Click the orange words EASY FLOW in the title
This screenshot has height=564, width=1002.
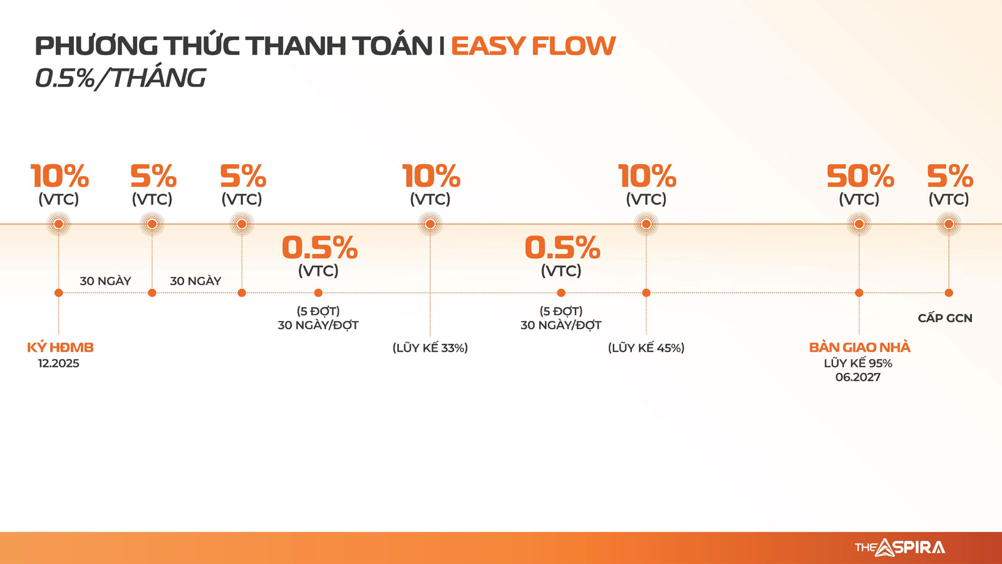point(533,46)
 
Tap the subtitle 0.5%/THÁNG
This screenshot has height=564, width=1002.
point(121,78)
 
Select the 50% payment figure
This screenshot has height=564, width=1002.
point(860,176)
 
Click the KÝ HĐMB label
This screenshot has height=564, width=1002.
point(60,347)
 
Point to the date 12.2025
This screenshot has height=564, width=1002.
point(59,363)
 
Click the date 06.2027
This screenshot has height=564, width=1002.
point(858,377)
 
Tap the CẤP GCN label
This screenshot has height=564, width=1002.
point(945,318)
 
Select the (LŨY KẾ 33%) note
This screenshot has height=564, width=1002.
point(430,348)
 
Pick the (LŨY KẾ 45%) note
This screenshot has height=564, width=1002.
point(646,348)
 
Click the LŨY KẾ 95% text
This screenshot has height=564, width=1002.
point(858,363)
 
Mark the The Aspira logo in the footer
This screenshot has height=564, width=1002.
point(900,548)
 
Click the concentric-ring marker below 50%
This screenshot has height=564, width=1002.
point(859,224)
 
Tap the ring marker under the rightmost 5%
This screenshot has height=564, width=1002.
point(949,224)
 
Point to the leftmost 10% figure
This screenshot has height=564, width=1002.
point(59,176)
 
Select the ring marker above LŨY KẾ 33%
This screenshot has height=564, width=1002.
point(430,224)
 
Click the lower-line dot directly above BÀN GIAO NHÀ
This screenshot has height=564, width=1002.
point(859,293)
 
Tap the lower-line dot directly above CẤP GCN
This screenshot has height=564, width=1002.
point(949,293)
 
